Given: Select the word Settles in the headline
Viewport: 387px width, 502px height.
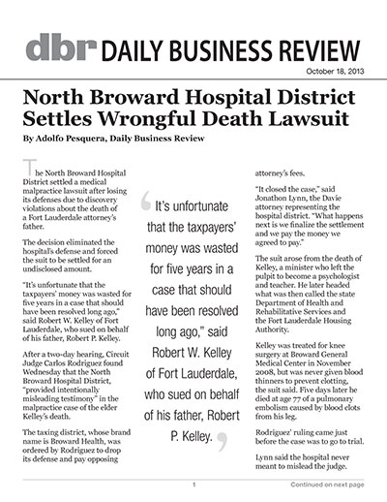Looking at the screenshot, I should pos(58,121).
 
